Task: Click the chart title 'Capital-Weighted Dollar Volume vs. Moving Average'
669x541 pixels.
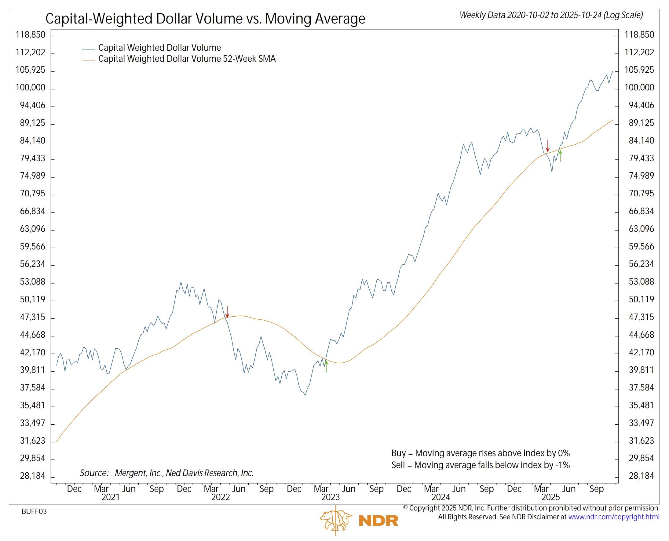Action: click(205, 19)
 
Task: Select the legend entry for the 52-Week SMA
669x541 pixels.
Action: click(187, 59)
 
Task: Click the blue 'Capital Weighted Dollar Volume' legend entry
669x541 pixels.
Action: click(159, 48)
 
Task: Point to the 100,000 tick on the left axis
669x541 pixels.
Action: click(30, 88)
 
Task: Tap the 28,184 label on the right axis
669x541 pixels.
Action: click(641, 476)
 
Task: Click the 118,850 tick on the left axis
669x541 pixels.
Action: click(30, 34)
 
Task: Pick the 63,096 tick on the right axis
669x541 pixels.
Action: click(641, 229)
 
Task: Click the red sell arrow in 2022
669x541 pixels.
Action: click(227, 312)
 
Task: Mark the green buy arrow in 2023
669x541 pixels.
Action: click(326, 366)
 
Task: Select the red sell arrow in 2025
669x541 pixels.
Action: click(548, 146)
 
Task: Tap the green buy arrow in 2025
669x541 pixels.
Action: click(560, 156)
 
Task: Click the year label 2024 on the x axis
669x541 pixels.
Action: click(441, 497)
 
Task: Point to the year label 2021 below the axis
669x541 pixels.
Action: click(110, 497)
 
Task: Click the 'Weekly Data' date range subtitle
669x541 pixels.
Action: click(551, 15)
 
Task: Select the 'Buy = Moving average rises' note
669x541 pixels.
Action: click(481, 453)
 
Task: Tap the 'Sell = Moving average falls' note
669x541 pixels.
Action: click(481, 465)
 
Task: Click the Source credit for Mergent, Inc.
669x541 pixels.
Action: click(166, 473)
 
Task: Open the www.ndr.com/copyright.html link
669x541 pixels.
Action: click(613, 517)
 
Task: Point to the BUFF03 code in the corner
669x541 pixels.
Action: click(34, 511)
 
